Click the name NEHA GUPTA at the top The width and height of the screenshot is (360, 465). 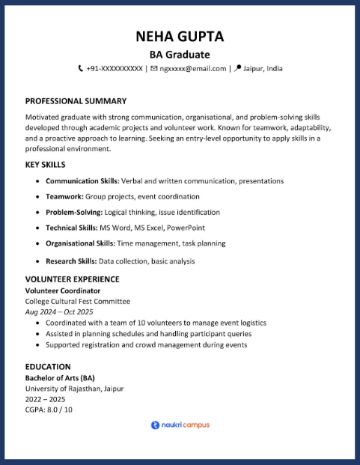(180, 37)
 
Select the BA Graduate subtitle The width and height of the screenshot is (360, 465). (180, 55)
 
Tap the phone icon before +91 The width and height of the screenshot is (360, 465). (81, 69)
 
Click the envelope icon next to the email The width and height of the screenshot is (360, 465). (153, 69)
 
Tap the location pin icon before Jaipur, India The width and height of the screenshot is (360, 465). (238, 69)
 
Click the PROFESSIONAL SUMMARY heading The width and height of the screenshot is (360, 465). (76, 101)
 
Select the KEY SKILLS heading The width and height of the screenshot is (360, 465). (46, 165)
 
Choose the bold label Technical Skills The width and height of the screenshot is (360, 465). (72, 228)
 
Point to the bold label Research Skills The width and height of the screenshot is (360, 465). (71, 261)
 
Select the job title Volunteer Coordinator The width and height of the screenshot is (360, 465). (63, 291)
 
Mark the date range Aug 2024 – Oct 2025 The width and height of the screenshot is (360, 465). (59, 311)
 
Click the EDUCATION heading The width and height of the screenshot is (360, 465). (48, 367)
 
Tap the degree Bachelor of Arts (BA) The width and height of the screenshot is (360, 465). (60, 378)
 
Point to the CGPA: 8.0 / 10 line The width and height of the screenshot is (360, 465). (49, 410)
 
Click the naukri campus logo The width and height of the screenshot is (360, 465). (180, 425)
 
